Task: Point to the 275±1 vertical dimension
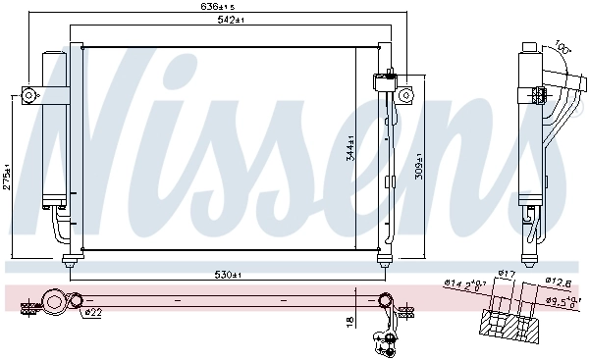[7, 178]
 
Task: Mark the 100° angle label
[561, 45]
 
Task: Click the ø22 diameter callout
[91, 313]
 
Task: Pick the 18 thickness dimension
[351, 320]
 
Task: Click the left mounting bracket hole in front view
[29, 95]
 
